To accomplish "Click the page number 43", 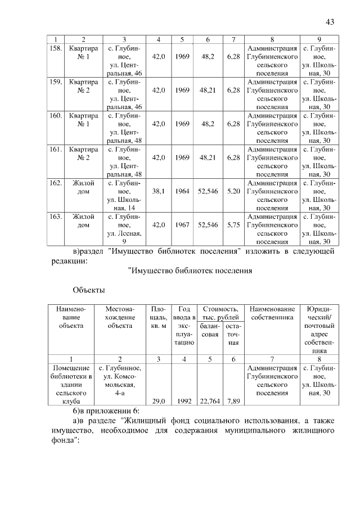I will tap(330, 22).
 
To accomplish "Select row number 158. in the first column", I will tap(55, 48).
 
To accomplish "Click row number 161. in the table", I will tap(55, 150).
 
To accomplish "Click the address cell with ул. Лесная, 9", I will tap(124, 229).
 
